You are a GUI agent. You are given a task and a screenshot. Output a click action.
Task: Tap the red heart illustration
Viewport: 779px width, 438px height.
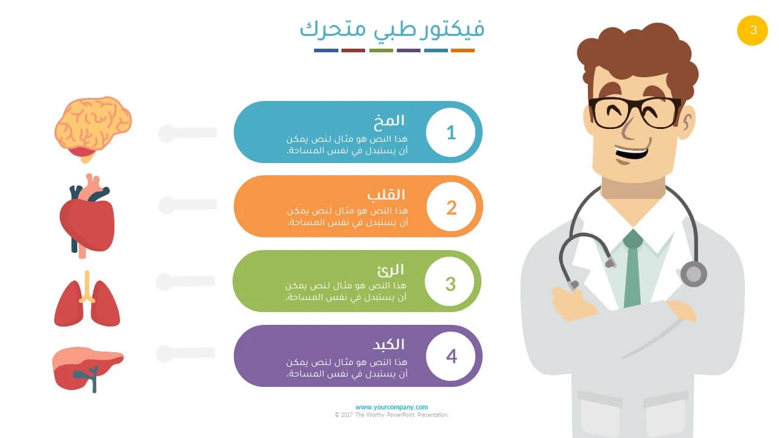(87, 216)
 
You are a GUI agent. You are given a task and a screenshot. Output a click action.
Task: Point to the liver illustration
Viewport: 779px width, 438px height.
(88, 369)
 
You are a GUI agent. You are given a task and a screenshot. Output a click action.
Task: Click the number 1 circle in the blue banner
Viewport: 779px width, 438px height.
(451, 133)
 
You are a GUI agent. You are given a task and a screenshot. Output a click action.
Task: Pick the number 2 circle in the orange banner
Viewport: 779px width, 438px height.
(452, 207)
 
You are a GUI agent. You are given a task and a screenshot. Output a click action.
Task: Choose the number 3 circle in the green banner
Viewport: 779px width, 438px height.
(450, 282)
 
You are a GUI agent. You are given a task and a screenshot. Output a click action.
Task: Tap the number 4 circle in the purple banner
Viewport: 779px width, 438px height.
(451, 356)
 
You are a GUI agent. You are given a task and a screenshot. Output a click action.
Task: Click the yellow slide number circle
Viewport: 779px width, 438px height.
(752, 30)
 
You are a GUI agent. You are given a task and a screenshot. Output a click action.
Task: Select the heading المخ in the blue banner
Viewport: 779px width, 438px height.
(389, 120)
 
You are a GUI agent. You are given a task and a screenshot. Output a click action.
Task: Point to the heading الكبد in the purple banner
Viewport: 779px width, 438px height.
(388, 344)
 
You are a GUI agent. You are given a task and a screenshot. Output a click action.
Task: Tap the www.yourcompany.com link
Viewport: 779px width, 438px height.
(391, 407)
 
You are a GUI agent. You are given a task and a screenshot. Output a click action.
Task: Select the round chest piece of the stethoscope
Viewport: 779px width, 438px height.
(693, 274)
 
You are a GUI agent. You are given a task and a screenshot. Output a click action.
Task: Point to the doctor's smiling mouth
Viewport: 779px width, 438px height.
(632, 153)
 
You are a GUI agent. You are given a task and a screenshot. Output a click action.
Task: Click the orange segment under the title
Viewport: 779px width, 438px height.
(463, 50)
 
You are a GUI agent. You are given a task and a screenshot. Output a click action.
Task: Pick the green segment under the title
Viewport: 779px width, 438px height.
(381, 50)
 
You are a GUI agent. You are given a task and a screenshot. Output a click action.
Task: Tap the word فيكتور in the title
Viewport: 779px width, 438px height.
(452, 29)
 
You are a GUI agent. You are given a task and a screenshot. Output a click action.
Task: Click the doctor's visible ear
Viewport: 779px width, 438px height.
(686, 122)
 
